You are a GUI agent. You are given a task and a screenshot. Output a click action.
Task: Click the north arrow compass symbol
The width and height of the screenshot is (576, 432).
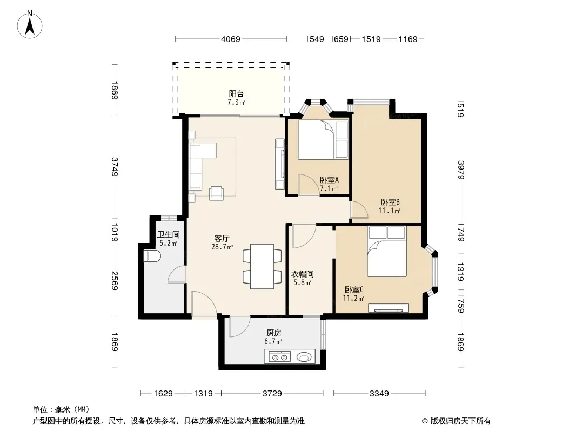tap(30, 24)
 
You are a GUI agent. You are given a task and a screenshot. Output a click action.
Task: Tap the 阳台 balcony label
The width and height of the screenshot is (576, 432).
tap(236, 94)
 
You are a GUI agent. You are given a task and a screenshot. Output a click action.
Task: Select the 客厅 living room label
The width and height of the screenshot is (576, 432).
tap(222, 238)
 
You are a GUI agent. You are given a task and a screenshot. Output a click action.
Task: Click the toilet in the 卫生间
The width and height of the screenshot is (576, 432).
tap(151, 256)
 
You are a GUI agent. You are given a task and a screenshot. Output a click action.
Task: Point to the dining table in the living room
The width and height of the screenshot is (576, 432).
tap(262, 266)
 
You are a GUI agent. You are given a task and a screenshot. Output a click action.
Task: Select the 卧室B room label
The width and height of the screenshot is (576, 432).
tap(390, 202)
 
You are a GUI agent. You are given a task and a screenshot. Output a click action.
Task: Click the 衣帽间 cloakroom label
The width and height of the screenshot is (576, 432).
tap(303, 274)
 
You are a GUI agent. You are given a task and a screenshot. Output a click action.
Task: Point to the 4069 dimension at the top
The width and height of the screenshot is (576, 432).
tap(230, 39)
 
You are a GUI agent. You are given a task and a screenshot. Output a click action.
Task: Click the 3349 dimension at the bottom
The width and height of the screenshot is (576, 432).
tap(379, 394)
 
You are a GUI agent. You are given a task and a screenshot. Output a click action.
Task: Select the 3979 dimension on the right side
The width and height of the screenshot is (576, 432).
tap(461, 170)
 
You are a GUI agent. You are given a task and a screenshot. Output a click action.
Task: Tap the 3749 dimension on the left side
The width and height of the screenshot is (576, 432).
tap(115, 166)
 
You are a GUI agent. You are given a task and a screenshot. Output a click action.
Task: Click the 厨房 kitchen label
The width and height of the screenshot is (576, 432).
tap(273, 333)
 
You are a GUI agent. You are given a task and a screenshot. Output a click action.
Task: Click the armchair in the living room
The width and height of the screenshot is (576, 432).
tap(216, 193)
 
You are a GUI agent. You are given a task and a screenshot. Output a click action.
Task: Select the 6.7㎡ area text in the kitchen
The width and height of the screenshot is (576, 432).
tap(273, 342)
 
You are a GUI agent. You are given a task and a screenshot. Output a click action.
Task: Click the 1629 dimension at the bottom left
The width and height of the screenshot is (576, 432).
tap(163, 394)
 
